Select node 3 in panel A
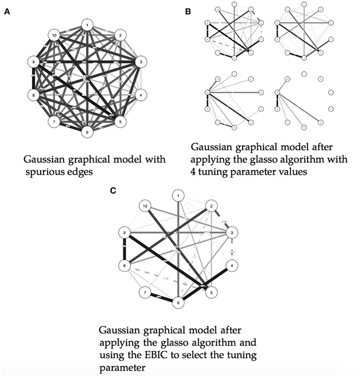pos(141,62)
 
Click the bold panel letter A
pos(7,13)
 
